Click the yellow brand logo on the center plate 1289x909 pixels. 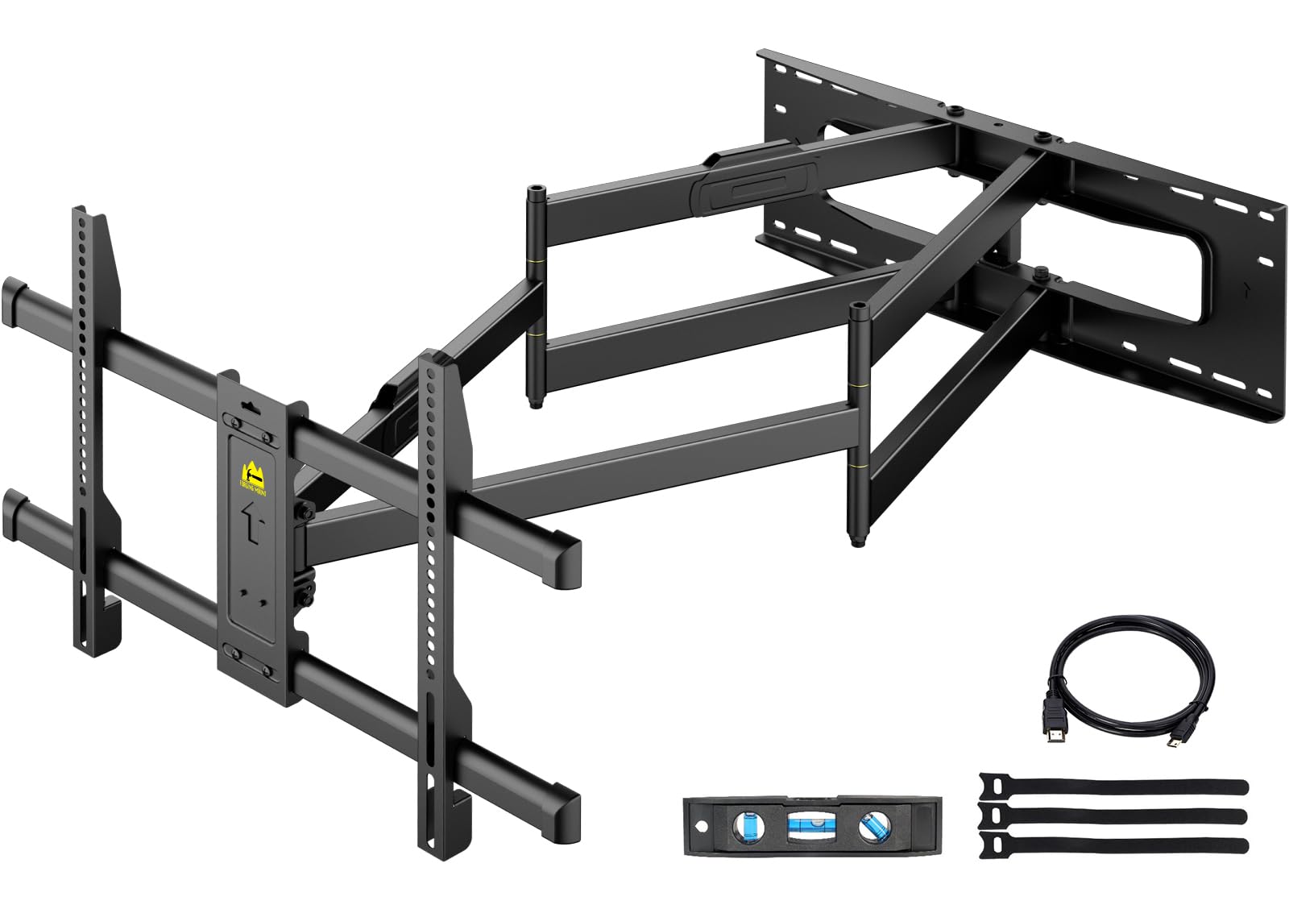tap(250, 475)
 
